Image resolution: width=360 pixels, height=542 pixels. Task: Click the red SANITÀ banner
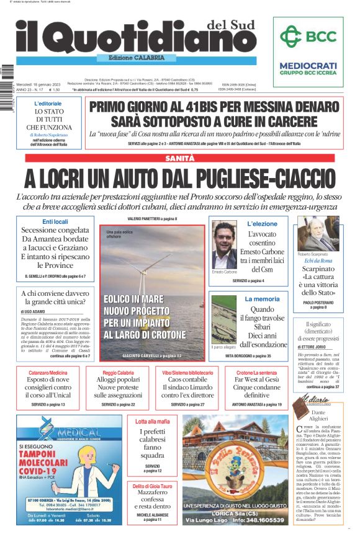pyautogui.click(x=179, y=159)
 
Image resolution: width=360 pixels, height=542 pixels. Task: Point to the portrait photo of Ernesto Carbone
pyautogui.click(x=224, y=244)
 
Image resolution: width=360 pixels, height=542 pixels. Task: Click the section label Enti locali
pyautogui.click(x=55, y=221)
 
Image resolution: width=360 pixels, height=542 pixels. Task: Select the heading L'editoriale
pyautogui.click(x=48, y=103)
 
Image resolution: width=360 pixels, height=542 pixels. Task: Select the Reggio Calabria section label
pyautogui.click(x=118, y=372)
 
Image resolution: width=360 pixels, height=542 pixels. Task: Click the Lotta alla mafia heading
pyautogui.click(x=152, y=422)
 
